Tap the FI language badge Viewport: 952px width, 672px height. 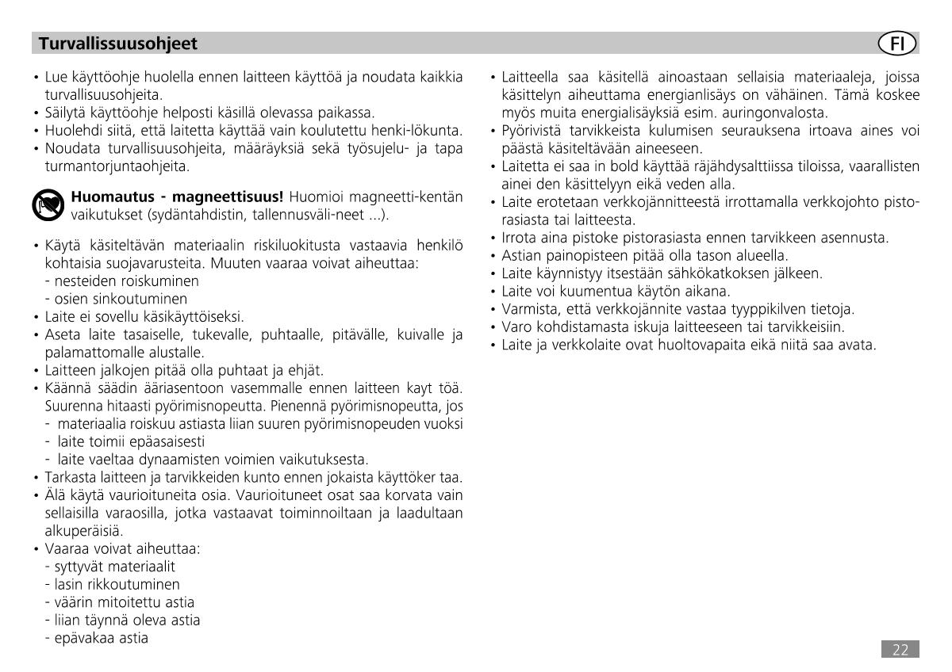(897, 43)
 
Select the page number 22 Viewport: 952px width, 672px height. (900, 651)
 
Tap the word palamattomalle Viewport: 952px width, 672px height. (86, 352)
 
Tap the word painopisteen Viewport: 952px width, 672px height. (576, 255)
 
